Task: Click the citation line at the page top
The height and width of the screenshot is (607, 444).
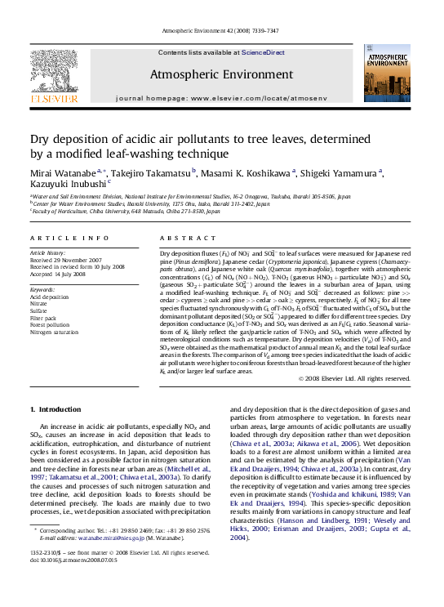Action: tap(222, 29)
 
